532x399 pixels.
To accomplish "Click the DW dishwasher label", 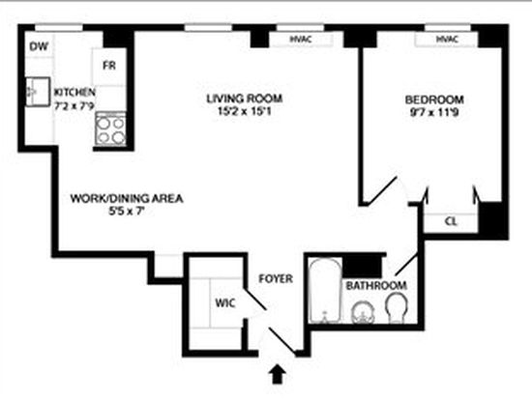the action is point(39,46).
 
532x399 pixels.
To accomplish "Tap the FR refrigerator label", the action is point(109,65).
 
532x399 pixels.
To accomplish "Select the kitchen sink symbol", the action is point(38,92).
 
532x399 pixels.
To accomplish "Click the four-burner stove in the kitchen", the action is point(111,129).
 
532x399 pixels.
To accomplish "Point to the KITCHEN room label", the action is point(75,92).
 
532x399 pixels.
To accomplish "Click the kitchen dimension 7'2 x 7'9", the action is point(74,105).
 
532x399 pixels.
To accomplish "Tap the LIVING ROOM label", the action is point(245,99).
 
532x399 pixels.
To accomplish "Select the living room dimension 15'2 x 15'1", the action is point(245,111).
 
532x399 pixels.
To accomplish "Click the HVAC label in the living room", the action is point(301,39).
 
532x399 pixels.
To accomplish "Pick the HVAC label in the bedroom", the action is point(447,40).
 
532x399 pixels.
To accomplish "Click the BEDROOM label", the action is point(434,100).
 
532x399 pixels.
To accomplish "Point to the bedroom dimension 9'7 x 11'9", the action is point(434,112).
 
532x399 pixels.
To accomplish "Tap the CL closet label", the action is point(451,221).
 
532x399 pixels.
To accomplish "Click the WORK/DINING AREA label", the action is point(127,198).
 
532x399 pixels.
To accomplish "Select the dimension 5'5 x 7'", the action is point(127,212).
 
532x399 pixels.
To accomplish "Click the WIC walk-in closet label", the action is point(225,302).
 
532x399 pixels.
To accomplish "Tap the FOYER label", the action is point(276,278).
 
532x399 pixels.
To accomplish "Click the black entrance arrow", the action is point(278,374).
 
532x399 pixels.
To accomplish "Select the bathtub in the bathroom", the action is point(325,291).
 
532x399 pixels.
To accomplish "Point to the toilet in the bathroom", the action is point(397,307).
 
